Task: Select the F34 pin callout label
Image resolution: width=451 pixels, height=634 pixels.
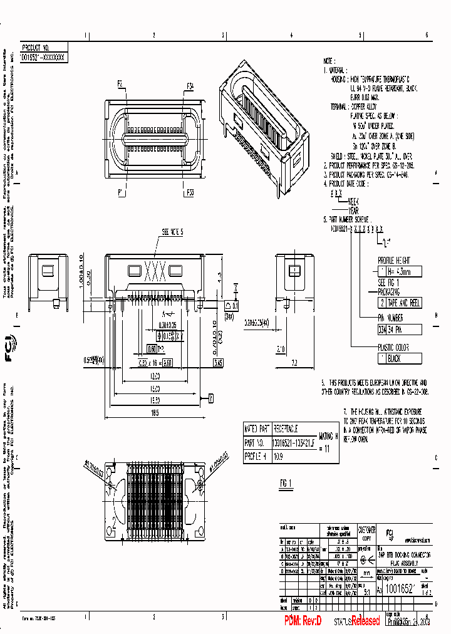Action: (190, 85)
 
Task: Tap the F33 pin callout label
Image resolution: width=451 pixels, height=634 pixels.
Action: (189, 192)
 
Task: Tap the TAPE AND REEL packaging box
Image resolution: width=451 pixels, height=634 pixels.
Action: (399, 303)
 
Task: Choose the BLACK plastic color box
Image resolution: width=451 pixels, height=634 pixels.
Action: (399, 359)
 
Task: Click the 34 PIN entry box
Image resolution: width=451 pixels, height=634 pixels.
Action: (399, 330)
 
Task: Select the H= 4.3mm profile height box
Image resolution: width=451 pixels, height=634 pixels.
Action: (399, 272)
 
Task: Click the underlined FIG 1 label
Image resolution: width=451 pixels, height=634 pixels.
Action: (287, 482)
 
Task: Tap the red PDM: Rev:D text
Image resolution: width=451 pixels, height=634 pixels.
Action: (303, 621)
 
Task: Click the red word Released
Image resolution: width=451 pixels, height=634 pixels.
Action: (365, 621)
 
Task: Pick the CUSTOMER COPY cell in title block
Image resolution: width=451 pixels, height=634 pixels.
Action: (367, 534)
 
